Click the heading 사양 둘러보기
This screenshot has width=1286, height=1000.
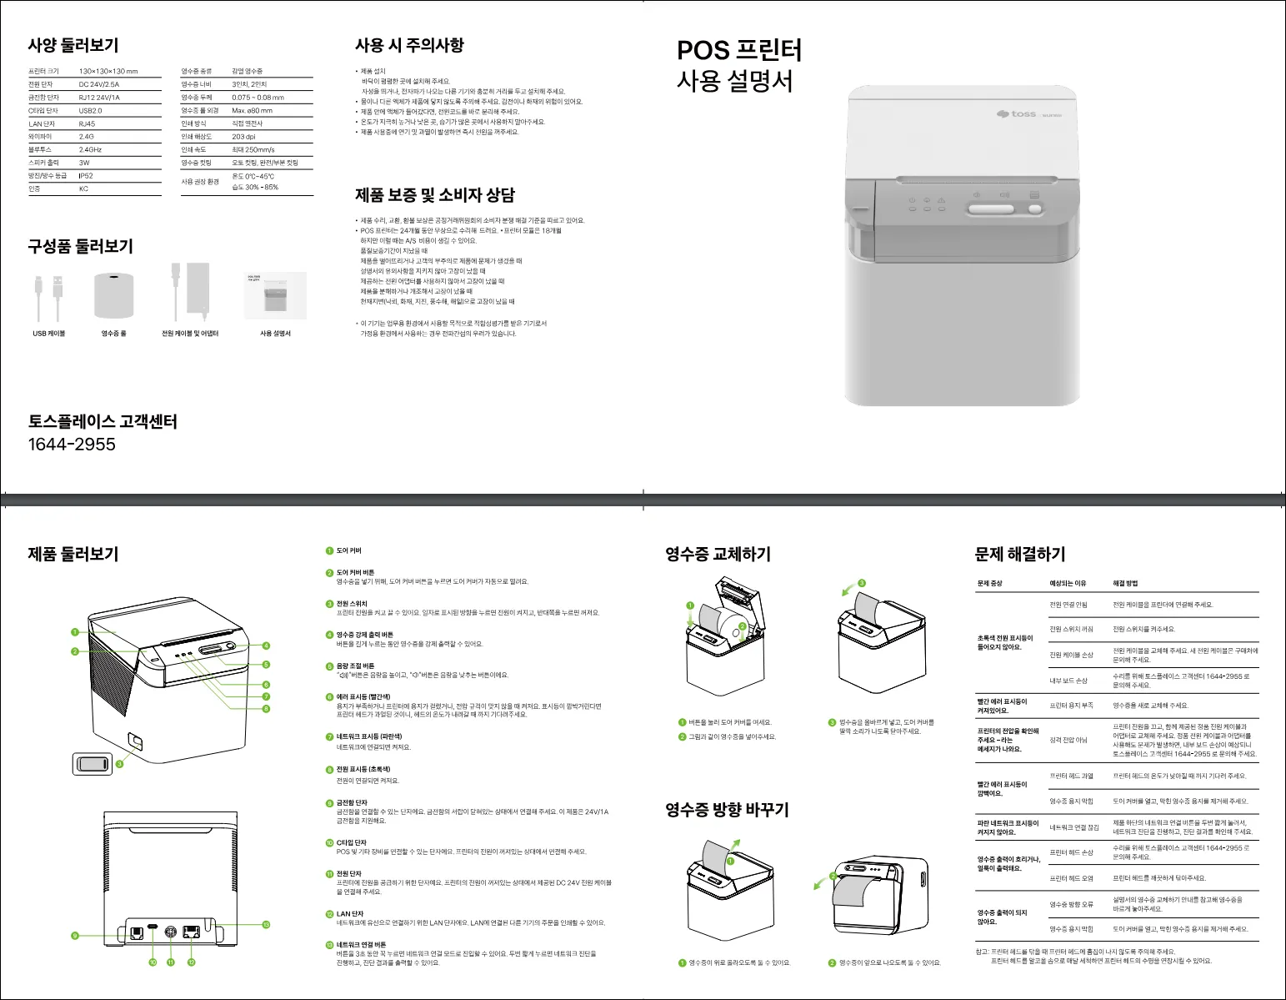(x=73, y=45)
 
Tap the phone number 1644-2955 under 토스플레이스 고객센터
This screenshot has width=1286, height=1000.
(x=72, y=445)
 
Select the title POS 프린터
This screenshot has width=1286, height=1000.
(x=738, y=50)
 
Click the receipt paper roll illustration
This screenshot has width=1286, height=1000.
(x=114, y=294)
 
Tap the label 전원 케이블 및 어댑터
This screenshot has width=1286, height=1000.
(x=190, y=334)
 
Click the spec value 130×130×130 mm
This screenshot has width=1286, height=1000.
(x=108, y=72)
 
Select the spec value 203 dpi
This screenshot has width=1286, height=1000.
(x=244, y=137)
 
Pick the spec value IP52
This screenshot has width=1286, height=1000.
(x=86, y=176)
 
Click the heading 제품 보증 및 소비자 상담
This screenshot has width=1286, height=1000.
(x=435, y=195)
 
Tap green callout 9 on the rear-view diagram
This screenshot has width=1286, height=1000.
(x=75, y=936)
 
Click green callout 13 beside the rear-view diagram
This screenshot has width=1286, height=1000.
(x=266, y=924)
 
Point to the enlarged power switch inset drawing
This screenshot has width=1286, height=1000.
(x=93, y=763)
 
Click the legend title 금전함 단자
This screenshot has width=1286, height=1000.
(x=352, y=803)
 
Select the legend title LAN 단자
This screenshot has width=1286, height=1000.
(x=350, y=914)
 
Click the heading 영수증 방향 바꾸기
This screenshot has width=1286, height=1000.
(x=727, y=810)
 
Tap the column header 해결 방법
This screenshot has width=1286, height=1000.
(x=1125, y=584)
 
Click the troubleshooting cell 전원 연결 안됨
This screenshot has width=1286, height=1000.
(x=1068, y=605)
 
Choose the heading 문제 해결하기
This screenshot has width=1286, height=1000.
(x=1020, y=555)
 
